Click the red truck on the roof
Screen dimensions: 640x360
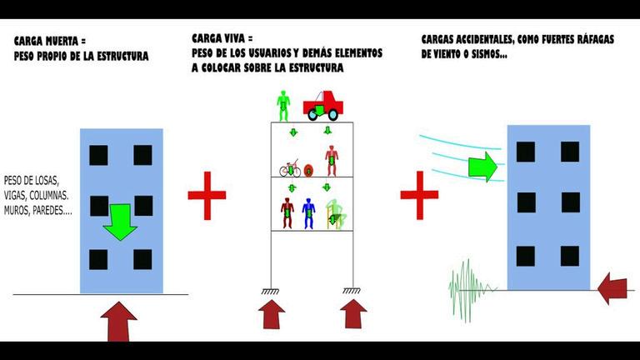[324, 105]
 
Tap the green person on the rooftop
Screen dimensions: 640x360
[283, 104]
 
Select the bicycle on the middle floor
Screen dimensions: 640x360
[289, 169]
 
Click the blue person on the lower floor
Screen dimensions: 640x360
[308, 212]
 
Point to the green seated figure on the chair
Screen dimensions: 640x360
[335, 215]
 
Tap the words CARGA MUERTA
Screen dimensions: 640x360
[42, 42]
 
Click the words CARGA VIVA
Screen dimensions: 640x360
[218, 37]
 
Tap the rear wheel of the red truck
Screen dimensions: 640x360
[314, 115]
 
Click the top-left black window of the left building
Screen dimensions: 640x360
[97, 155]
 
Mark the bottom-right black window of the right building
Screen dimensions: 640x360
[570, 255]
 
